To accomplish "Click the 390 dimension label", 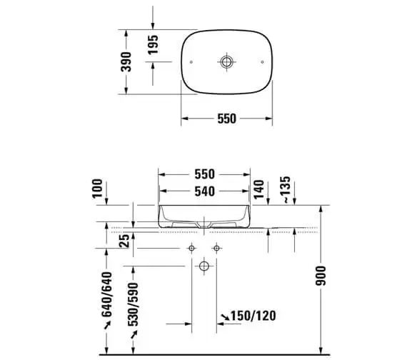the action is click(126, 62).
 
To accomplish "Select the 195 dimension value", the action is click(153, 45).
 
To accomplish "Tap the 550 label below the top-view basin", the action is click(226, 119).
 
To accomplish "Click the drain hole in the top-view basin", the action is click(226, 62).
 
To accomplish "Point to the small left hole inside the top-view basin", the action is click(191, 62).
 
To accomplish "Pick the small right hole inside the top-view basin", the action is click(263, 62).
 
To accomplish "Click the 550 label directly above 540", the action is click(204, 174).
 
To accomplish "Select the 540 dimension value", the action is click(204, 191).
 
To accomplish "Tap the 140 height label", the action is click(258, 189).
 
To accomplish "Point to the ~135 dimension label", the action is click(286, 189).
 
